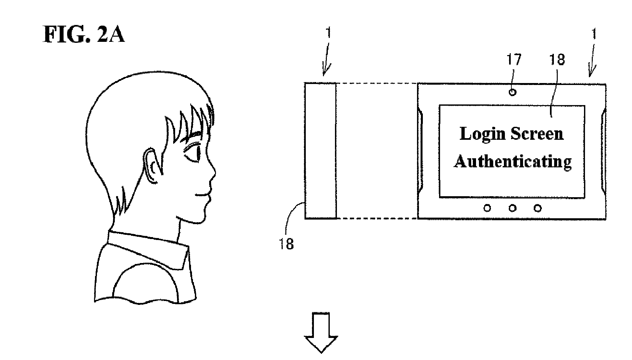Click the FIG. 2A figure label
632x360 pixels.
point(84,35)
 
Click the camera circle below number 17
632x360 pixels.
point(512,92)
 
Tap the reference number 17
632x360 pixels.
point(514,60)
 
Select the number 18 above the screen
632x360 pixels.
point(557,60)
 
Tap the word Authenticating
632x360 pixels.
point(513,161)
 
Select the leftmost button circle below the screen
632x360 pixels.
point(487,208)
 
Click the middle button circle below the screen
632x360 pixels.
point(512,208)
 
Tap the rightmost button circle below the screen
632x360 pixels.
point(538,208)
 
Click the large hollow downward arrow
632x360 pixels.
point(321,332)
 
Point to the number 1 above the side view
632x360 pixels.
point(328,52)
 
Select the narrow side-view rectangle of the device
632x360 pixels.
point(320,151)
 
